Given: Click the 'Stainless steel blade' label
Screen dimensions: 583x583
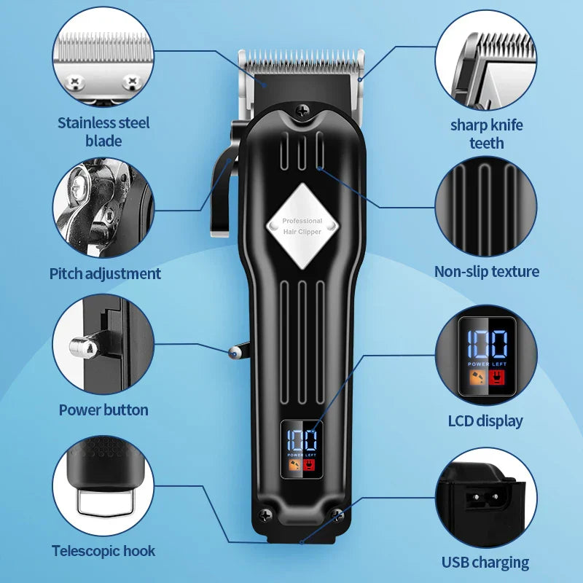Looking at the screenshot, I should (103, 131).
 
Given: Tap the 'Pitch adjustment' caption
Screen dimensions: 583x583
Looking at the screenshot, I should (105, 274).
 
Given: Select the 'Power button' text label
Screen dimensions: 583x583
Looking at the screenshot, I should (103, 410).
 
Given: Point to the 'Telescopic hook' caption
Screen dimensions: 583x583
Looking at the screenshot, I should (103, 551).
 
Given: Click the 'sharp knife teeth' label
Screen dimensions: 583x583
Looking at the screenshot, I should (486, 134).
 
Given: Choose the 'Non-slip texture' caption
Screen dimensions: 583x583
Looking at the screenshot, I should (486, 272).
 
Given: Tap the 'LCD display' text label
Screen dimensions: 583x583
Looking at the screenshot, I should (485, 420).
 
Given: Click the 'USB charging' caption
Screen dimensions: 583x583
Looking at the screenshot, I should (485, 562).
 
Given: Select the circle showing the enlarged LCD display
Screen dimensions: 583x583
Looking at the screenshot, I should (486, 355).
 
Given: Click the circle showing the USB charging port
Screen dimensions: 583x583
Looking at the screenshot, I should (486, 497).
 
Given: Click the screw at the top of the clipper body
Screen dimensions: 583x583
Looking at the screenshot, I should (301, 111).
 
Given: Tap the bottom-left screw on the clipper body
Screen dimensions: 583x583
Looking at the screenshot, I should (266, 514).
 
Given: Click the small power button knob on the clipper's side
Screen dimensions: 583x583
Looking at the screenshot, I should (233, 353).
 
